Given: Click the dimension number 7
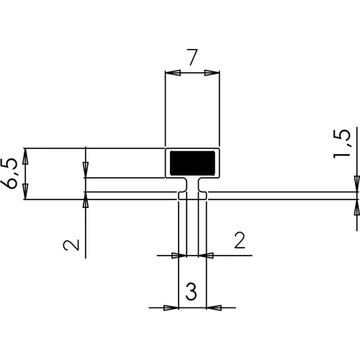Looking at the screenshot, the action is tap(193, 57).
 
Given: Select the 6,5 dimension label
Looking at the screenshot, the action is tap(9, 174).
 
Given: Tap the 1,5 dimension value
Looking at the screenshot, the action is tap(342, 144).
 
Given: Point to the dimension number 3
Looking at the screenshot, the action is tap(191, 292).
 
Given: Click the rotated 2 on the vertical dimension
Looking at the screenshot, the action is tap(71, 245).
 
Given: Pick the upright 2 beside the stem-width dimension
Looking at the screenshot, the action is tap(240, 240).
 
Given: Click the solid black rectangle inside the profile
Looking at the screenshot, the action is tap(192, 163).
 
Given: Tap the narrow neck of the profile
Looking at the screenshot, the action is tap(192, 185).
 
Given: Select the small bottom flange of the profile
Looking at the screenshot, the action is tap(192, 196).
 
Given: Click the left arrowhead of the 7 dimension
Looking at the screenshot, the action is tap(173, 73).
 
